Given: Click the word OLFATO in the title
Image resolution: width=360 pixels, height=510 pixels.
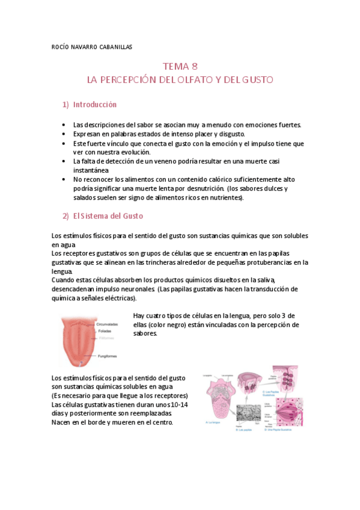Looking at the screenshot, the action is [187, 79].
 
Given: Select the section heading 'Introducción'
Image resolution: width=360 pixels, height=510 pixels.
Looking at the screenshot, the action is [94, 105].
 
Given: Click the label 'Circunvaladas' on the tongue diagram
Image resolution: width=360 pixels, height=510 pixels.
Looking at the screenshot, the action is [108, 324].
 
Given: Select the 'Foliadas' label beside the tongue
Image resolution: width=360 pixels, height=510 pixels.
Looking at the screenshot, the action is [103, 331].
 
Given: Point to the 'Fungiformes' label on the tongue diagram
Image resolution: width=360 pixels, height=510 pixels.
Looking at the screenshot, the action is [106, 356].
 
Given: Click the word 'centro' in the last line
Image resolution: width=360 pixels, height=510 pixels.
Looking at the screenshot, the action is [162, 422].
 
